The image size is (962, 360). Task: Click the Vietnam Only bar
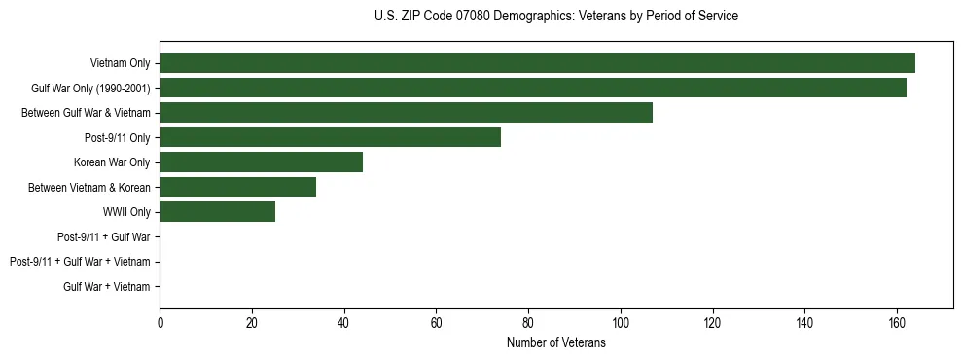click(537, 63)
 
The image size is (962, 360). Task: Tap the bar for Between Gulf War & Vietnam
click(406, 113)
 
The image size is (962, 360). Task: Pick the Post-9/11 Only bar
click(330, 137)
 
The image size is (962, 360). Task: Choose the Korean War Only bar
click(261, 162)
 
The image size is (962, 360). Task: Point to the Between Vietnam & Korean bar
click(237, 187)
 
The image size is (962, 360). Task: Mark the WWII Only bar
click(217, 212)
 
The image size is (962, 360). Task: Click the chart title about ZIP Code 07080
click(555, 17)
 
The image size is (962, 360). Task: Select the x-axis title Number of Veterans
click(555, 343)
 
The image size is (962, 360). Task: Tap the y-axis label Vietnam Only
click(120, 64)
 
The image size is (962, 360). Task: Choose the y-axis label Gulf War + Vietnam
click(106, 287)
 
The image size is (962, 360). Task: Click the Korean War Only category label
click(112, 162)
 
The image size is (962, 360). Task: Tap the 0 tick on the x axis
click(160, 324)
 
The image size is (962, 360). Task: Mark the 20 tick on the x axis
click(252, 324)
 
